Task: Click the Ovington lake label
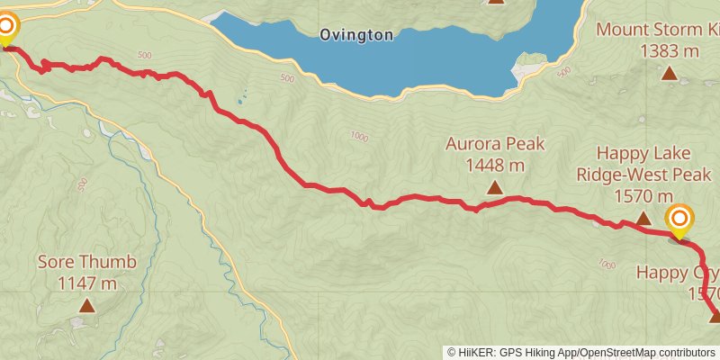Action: tap(355, 35)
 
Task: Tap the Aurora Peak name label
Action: tap(495, 144)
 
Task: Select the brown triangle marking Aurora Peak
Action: tap(494, 187)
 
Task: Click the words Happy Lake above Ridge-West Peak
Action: tap(643, 155)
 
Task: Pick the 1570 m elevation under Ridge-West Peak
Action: tap(643, 196)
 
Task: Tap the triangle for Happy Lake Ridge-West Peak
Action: tap(643, 219)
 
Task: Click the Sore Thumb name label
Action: tap(86, 263)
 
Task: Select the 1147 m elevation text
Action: tap(86, 283)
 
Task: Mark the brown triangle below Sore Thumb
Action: tap(86, 306)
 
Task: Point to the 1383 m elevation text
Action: tap(670, 51)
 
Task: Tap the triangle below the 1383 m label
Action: tap(669, 73)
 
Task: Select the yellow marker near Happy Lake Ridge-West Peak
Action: tap(679, 220)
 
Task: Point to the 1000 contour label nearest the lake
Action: tap(359, 136)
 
